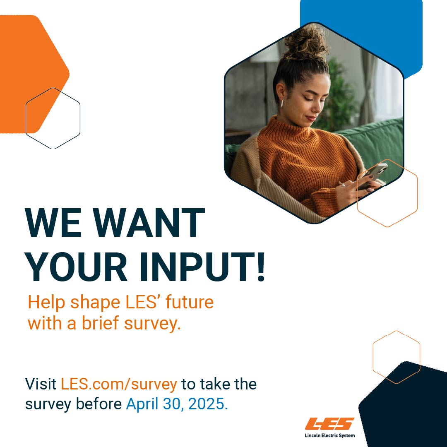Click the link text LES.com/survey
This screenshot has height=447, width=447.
coord(119,384)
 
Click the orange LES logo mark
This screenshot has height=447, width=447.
coord(329,424)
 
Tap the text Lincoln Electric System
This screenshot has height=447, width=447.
coord(329,435)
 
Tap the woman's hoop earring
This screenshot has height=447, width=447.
coord(283,104)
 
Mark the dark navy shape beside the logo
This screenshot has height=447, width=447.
coord(406,410)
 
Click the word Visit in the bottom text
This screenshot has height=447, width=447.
coord(41,384)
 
